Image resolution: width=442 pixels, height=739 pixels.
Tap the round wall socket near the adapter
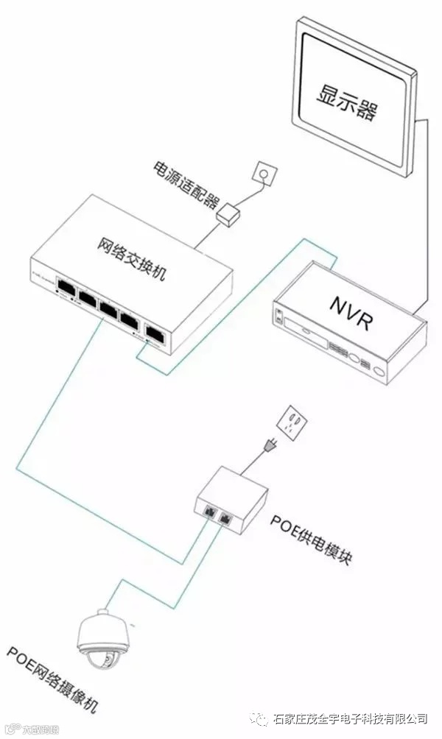(x=262, y=173)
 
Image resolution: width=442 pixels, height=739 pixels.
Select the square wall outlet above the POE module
(x=292, y=422)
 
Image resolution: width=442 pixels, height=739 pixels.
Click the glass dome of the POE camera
(x=103, y=657)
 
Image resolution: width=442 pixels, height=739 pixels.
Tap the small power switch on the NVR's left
(x=279, y=317)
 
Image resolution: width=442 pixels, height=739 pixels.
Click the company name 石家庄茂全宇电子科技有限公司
(x=350, y=718)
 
